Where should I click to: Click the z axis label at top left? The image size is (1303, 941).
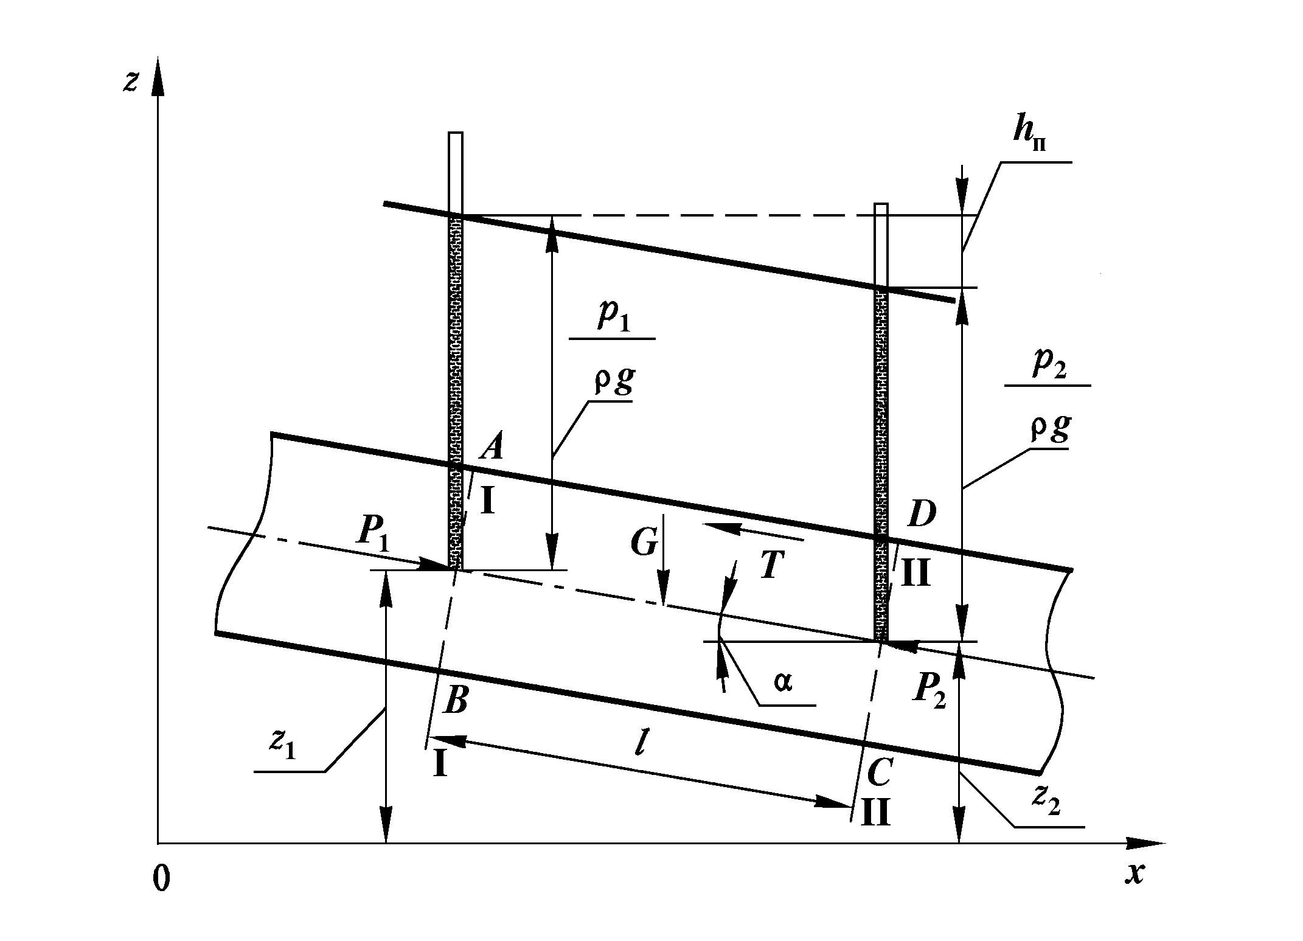130,81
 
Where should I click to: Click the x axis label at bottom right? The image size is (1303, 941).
1133,875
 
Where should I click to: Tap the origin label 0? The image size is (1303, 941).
161,880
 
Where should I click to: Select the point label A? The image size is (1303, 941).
491,448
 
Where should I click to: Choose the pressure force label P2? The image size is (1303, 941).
928,691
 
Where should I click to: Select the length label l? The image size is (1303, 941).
639,745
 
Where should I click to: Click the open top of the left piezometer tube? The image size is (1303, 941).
456,133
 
